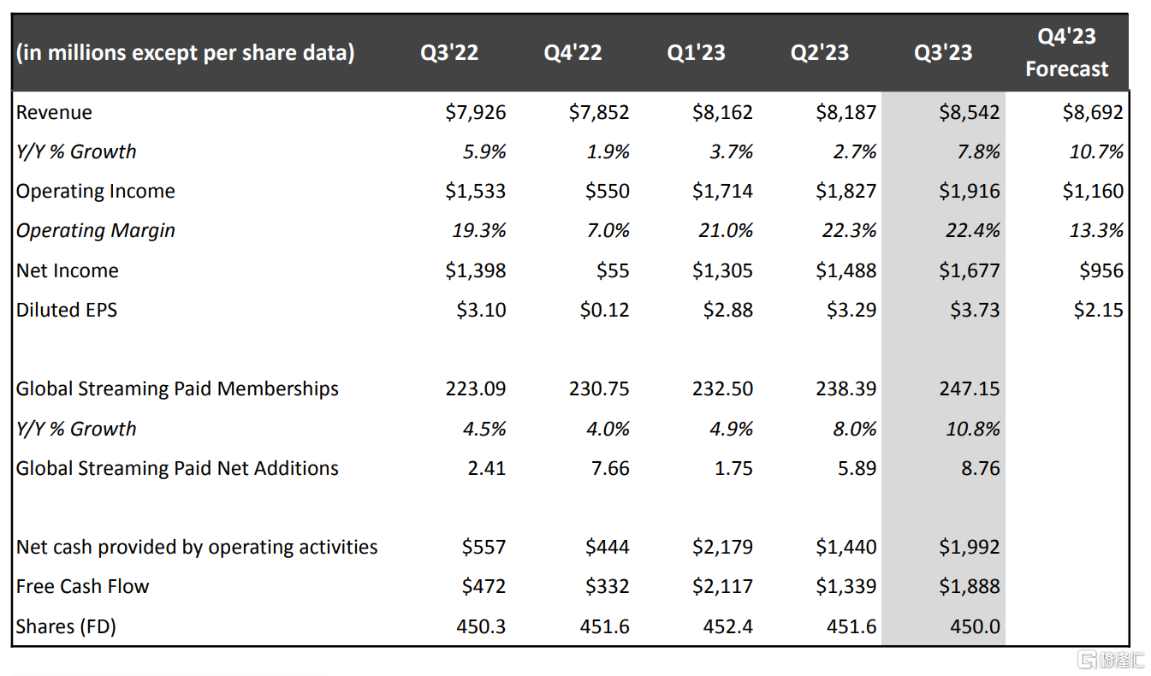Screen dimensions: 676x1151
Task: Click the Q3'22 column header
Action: click(x=448, y=53)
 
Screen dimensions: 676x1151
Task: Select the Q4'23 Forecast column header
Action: click(x=1066, y=53)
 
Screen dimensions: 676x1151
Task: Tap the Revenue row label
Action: click(x=54, y=112)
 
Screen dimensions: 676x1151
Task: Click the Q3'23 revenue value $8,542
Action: click(x=969, y=112)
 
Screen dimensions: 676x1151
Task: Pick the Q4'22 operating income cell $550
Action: click(x=607, y=192)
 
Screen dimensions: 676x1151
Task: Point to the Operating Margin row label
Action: click(x=95, y=231)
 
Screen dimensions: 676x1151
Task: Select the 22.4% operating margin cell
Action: click(x=974, y=231)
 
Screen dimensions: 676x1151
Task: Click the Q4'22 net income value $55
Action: click(x=612, y=270)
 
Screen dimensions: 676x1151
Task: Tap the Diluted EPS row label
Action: click(x=66, y=310)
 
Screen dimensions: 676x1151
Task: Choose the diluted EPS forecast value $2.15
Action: click(x=1098, y=310)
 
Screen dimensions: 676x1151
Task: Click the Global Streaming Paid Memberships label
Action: click(x=177, y=388)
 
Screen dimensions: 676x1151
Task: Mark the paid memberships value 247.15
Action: click(x=970, y=388)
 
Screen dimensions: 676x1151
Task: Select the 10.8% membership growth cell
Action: click(x=972, y=429)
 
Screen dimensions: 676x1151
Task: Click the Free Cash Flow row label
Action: click(x=82, y=586)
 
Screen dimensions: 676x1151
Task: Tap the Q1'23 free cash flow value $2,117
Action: click(x=722, y=586)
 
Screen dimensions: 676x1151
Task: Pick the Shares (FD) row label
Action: click(x=66, y=626)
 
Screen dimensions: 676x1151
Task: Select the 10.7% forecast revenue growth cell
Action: click(x=1096, y=151)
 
